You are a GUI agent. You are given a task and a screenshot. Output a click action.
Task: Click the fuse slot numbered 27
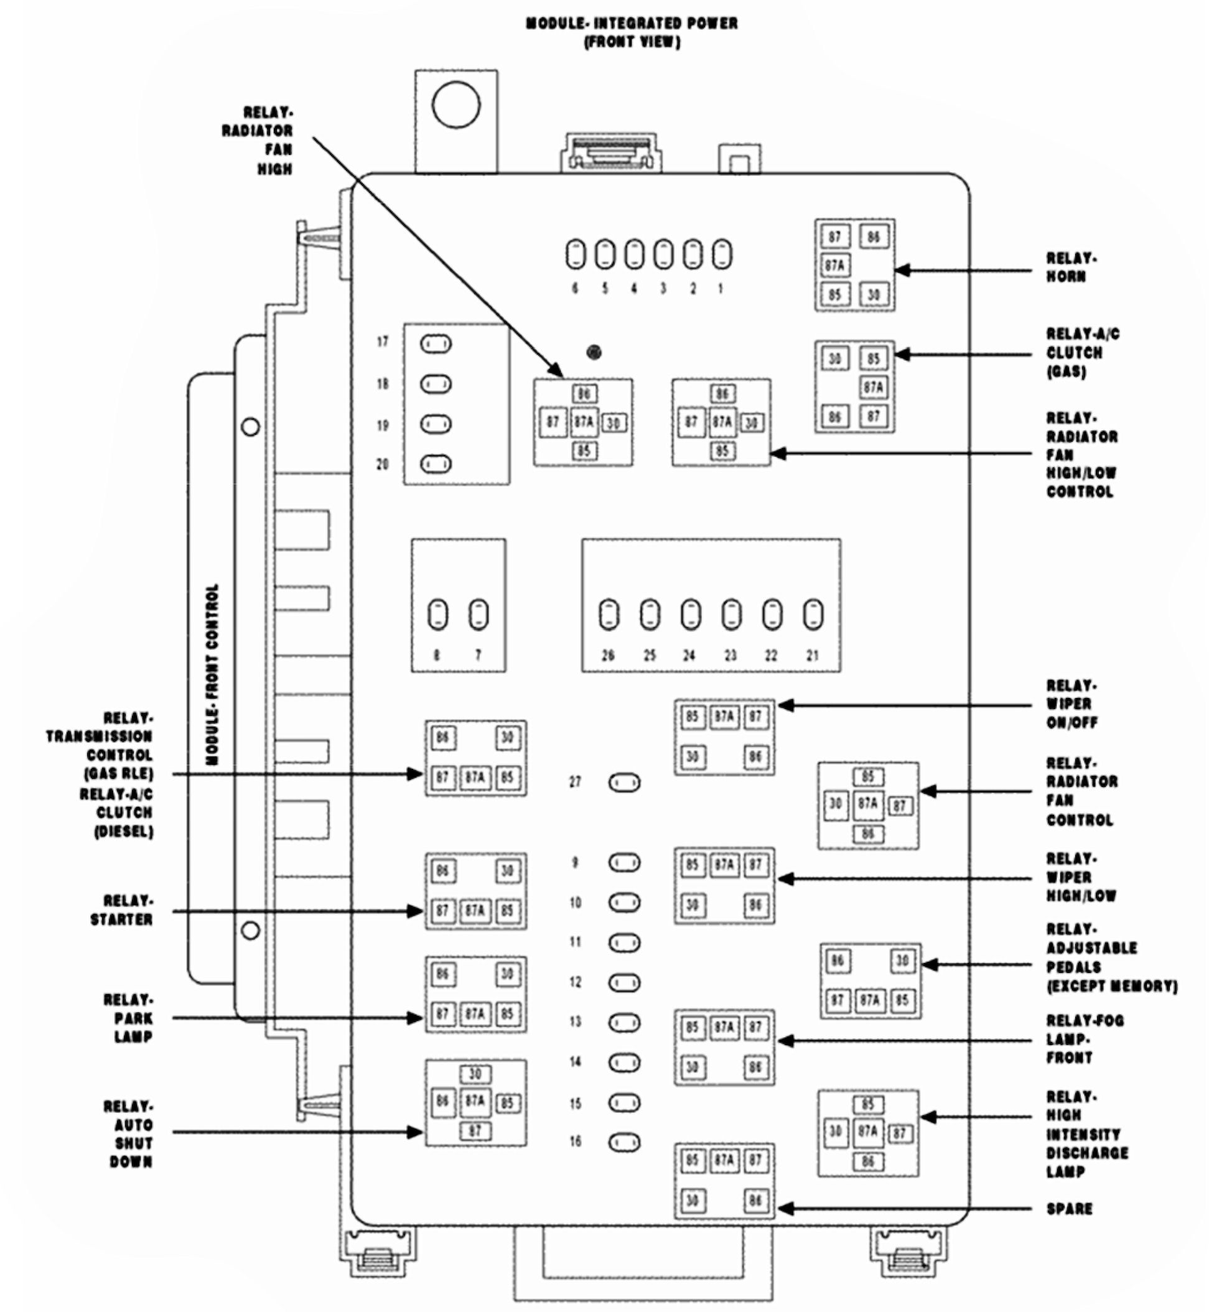624,783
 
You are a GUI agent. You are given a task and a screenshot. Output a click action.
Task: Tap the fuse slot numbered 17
436,343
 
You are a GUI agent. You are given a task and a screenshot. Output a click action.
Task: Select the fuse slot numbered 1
722,254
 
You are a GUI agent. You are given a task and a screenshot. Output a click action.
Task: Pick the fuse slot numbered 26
609,615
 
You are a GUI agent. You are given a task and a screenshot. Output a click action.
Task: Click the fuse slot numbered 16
624,1143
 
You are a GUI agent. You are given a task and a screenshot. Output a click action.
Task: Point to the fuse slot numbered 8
437,615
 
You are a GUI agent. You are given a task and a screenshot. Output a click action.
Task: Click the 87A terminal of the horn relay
835,266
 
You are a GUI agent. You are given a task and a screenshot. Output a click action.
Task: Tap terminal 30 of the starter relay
508,870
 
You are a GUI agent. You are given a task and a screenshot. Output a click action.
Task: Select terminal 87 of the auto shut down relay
475,1130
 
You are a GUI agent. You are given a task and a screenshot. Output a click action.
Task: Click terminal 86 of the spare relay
755,1201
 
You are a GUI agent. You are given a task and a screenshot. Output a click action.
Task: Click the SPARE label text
1069,1209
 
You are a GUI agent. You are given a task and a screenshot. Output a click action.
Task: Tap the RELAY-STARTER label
122,910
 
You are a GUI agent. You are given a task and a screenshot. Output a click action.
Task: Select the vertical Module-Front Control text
212,674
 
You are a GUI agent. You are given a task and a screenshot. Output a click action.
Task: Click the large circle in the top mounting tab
456,105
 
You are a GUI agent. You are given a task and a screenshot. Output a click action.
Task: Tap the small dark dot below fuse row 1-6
594,353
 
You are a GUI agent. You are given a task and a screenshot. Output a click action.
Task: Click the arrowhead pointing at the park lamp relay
415,1018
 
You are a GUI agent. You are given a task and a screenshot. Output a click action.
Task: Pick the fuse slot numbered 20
436,463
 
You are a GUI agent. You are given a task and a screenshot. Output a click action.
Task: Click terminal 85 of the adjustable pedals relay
902,1000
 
